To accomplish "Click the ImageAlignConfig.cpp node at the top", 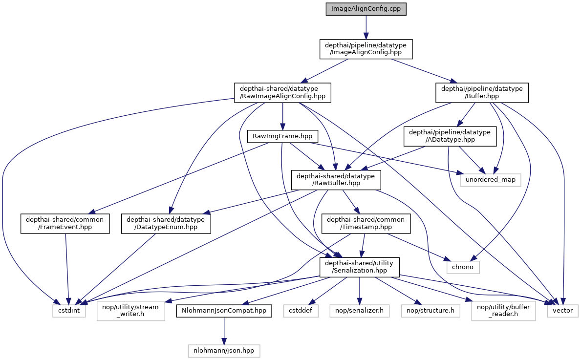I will [x=366, y=9].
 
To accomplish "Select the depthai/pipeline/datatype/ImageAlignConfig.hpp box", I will [x=366, y=49].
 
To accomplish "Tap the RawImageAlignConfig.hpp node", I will [x=283, y=93].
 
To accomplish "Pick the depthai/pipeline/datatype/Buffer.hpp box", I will [x=482, y=93].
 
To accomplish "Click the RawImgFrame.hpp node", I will [x=283, y=136].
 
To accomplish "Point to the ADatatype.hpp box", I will [x=450, y=136].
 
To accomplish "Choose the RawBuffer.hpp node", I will [x=336, y=180].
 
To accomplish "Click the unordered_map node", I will [x=490, y=180].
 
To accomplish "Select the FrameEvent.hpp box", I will [x=65, y=223].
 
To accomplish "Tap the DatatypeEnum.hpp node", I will [x=166, y=223].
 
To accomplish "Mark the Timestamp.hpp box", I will [x=366, y=223].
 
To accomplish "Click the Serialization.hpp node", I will [x=359, y=267].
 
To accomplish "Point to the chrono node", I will [x=463, y=267].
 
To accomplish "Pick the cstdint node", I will [x=69, y=310].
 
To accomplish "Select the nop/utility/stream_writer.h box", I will [x=130, y=310].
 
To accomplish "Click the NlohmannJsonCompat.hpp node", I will [x=224, y=310].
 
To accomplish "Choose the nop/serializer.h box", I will [x=359, y=310].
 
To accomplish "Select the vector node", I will [x=563, y=310].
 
